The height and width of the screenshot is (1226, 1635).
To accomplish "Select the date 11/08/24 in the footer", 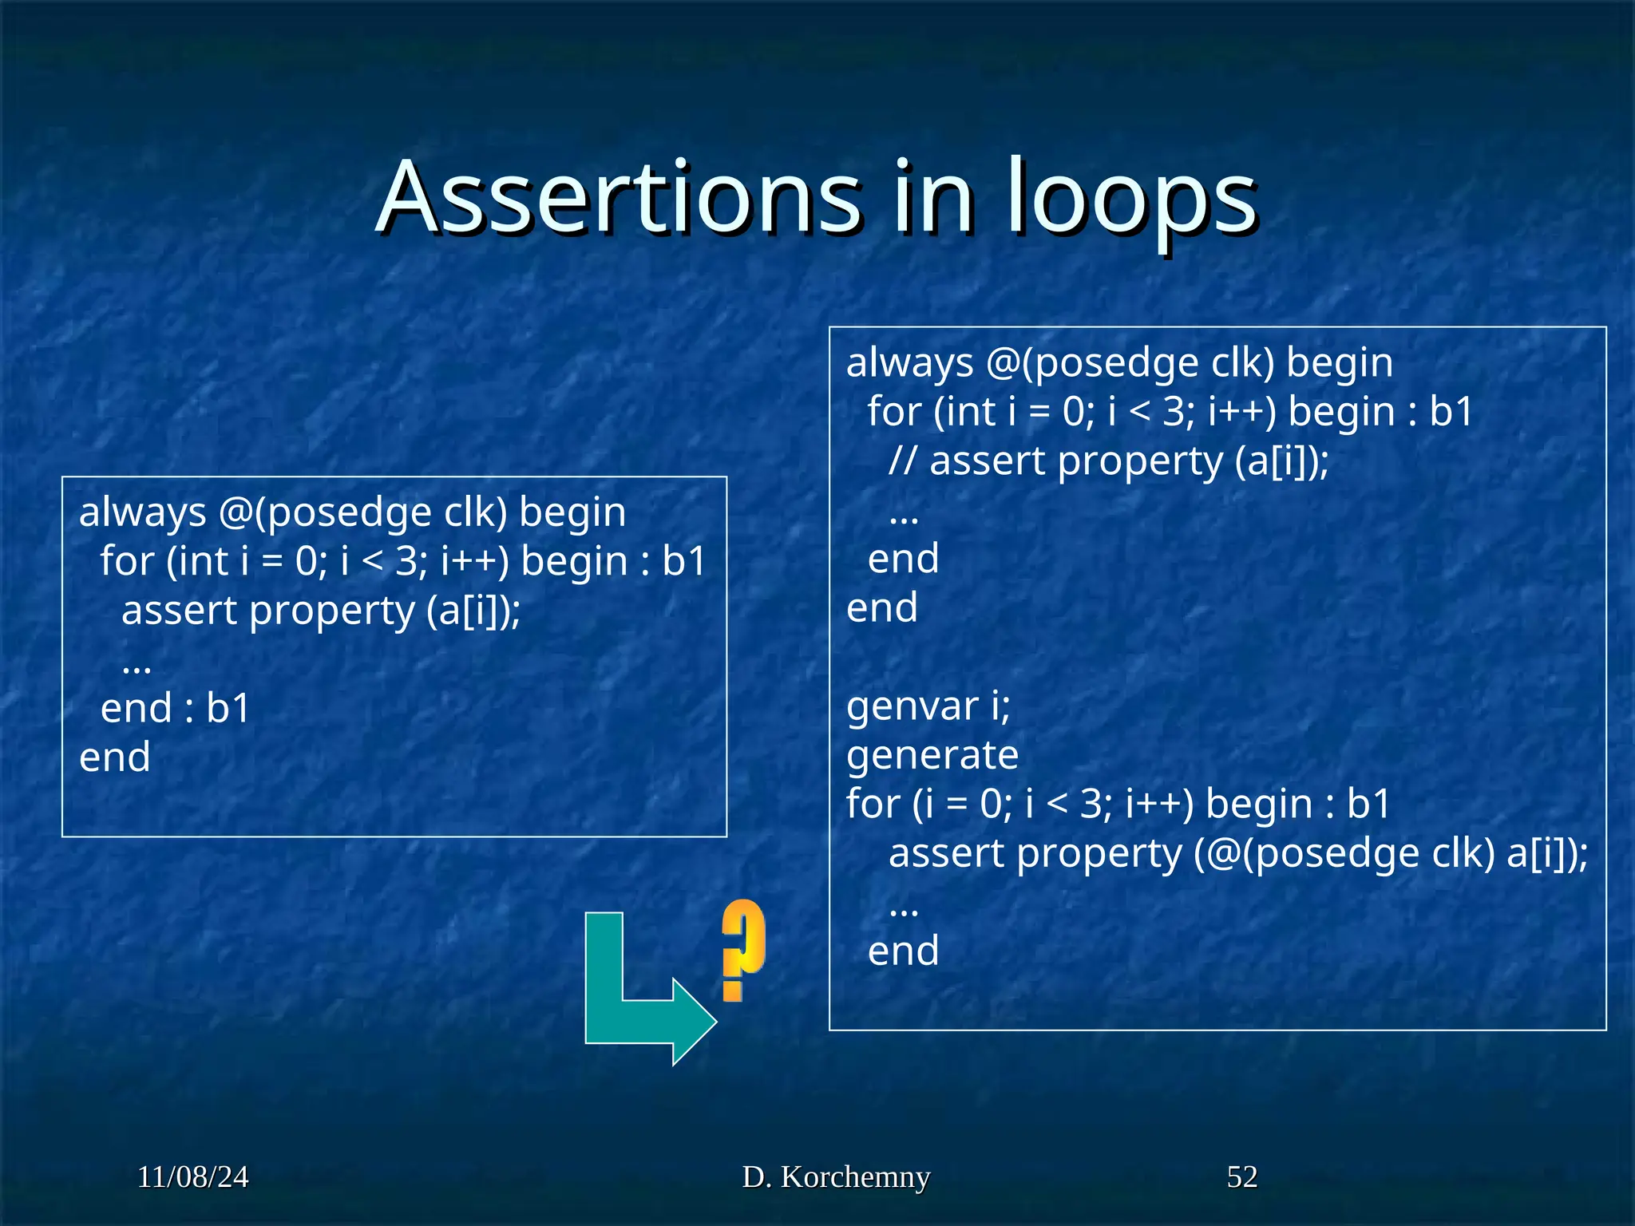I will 192,1177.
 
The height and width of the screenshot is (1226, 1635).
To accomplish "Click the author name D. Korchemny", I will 836,1177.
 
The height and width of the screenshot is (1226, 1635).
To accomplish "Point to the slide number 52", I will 1241,1177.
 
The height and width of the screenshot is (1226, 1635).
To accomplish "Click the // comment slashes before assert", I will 903,461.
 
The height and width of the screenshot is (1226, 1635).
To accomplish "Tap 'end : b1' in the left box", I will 176,709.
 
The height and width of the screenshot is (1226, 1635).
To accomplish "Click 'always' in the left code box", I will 143,513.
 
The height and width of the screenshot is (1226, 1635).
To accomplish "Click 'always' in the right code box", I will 910,364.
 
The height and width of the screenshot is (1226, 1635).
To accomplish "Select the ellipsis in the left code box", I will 137,666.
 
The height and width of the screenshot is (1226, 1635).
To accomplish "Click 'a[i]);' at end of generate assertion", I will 1546,854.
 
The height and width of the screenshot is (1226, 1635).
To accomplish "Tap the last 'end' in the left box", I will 115,757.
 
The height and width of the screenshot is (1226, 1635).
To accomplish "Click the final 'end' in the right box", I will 903,951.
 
